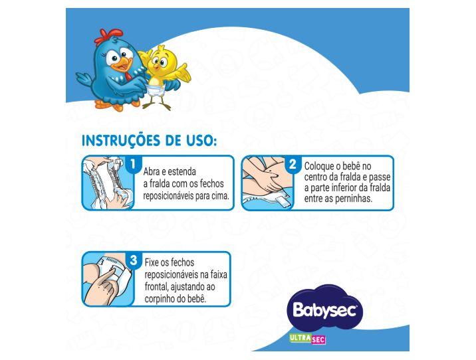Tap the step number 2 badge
tap(293, 164)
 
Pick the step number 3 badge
tap(134, 260)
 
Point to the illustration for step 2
tap(264, 183)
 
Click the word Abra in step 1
tap(154, 171)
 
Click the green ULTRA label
tap(299, 339)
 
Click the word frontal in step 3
tap(159, 287)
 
